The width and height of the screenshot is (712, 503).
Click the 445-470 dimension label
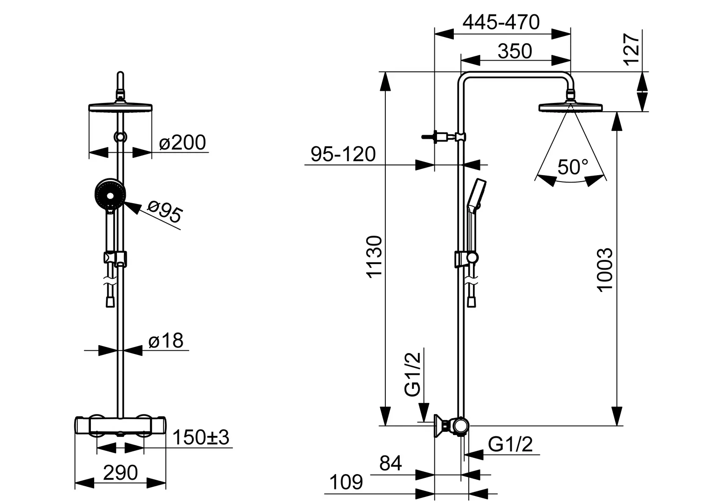point(501,22)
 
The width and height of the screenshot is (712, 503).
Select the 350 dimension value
point(514,52)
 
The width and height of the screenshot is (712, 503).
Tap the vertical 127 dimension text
point(631,49)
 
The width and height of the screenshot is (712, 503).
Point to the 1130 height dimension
point(374,257)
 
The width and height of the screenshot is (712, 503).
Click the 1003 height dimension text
point(604,270)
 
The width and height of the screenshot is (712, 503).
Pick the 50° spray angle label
point(573,167)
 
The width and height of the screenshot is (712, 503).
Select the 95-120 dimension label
point(343,155)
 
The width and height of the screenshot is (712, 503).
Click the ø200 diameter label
point(183,143)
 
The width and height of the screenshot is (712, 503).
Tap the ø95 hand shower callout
point(165,210)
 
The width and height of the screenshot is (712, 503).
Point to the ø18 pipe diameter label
point(166,341)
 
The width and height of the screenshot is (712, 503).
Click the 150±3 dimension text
point(200,437)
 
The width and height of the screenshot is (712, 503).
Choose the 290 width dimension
point(121,473)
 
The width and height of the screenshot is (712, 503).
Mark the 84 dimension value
point(390,463)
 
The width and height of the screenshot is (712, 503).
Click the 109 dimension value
point(346,483)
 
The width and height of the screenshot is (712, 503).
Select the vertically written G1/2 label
point(412,374)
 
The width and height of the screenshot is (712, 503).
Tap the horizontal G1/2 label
point(510,444)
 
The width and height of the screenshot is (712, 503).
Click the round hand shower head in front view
point(110,193)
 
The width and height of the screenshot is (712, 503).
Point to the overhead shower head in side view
point(570,107)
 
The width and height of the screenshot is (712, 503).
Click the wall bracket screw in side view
point(430,137)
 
